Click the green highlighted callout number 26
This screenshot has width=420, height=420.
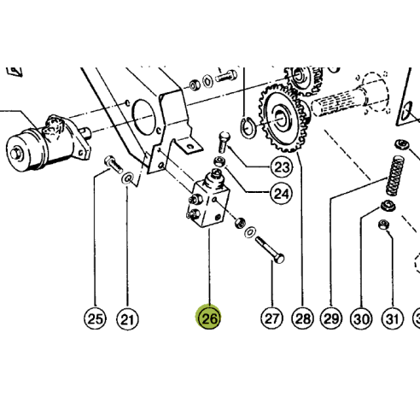pyautogui.click(x=210, y=319)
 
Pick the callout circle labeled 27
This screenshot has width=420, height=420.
pyautogui.click(x=271, y=319)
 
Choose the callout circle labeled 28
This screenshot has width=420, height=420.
pyautogui.click(x=301, y=319)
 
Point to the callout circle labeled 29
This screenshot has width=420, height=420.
pyautogui.click(x=332, y=319)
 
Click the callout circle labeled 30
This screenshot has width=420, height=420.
pyautogui.click(x=362, y=319)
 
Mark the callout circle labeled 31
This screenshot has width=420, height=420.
pyautogui.click(x=392, y=319)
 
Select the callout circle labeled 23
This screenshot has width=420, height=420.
pyautogui.click(x=281, y=166)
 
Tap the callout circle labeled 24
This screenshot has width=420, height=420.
pyautogui.click(x=280, y=194)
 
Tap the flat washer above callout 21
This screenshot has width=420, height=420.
pyautogui.click(x=128, y=178)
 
